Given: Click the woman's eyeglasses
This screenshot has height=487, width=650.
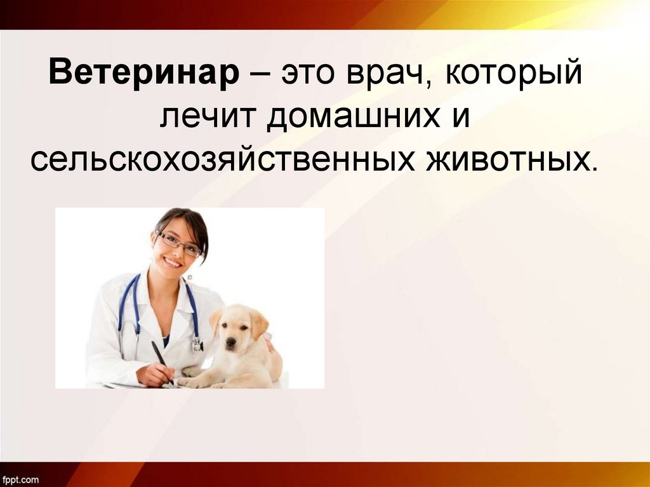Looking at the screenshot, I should [180, 244].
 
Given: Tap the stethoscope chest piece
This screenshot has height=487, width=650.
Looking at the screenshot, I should [197, 345].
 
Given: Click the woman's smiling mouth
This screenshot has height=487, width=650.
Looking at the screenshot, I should [173, 262].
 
